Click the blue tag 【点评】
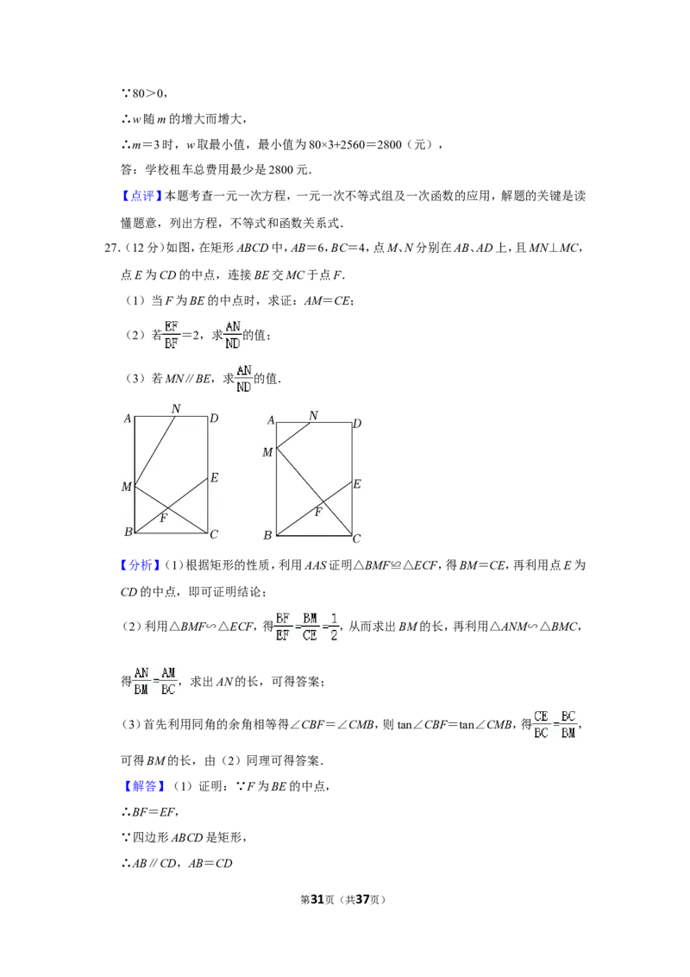point(142,196)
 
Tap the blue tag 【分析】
point(141,565)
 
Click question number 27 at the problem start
point(111,248)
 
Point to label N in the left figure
point(176,409)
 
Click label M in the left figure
point(127,487)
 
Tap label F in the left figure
point(163,518)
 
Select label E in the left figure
point(214,478)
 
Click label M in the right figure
point(267,452)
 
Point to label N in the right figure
point(313,416)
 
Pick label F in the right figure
point(317,512)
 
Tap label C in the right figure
point(357,539)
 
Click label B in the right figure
point(267,534)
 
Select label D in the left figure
point(214,418)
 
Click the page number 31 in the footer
point(317,899)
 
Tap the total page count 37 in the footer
point(362,899)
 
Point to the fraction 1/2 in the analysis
point(334,627)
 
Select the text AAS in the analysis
point(315,566)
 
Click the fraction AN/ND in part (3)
point(243,379)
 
